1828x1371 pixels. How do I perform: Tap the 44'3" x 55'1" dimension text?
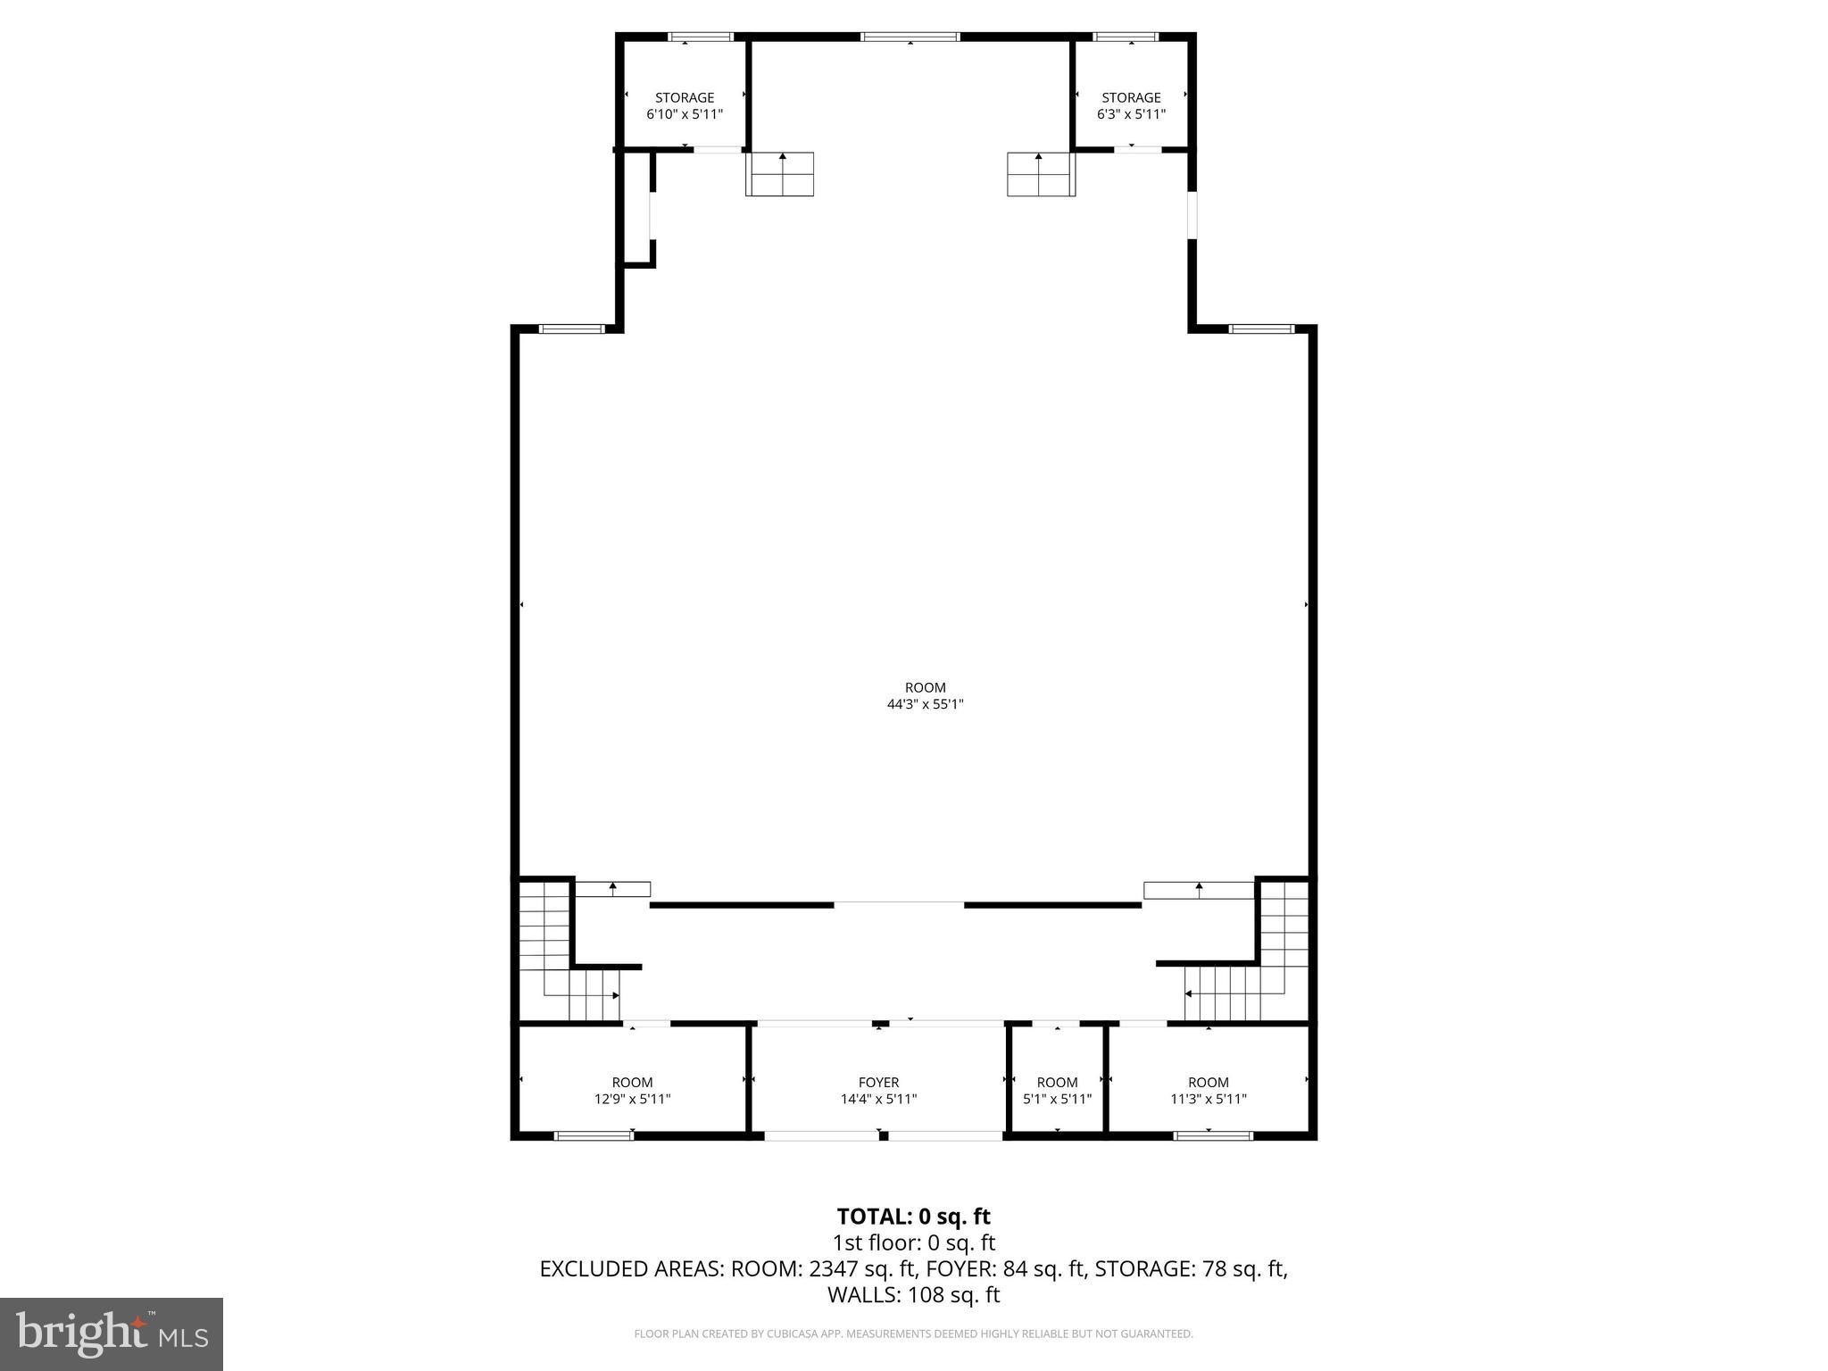pyautogui.click(x=925, y=704)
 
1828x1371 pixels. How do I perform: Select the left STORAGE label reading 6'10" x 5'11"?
pyautogui.click(x=685, y=105)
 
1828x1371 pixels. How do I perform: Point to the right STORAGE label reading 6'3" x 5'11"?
pyautogui.click(x=1131, y=105)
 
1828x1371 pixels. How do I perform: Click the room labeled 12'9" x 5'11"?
pyautogui.click(x=632, y=1090)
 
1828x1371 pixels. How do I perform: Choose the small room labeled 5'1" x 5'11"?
pyautogui.click(x=1057, y=1090)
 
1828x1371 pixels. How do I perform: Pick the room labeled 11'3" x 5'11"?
pyautogui.click(x=1208, y=1090)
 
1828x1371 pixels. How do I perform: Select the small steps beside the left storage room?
pyautogui.click(x=780, y=174)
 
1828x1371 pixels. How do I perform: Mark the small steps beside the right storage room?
pyautogui.click(x=1041, y=174)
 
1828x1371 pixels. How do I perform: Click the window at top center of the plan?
pyautogui.click(x=910, y=37)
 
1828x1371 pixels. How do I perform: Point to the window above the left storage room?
pyautogui.click(x=701, y=37)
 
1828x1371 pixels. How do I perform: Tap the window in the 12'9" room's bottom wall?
pyautogui.click(x=594, y=1135)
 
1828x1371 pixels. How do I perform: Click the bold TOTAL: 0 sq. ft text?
pyautogui.click(x=913, y=1217)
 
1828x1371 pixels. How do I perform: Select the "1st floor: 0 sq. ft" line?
pyautogui.click(x=913, y=1242)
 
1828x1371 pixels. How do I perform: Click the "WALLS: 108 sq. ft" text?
pyautogui.click(x=913, y=1294)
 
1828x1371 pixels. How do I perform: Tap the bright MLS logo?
pyautogui.click(x=112, y=1334)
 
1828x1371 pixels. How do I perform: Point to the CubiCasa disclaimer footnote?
pyautogui.click(x=913, y=1334)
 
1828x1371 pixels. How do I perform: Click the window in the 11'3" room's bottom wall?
pyautogui.click(x=1212, y=1135)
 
